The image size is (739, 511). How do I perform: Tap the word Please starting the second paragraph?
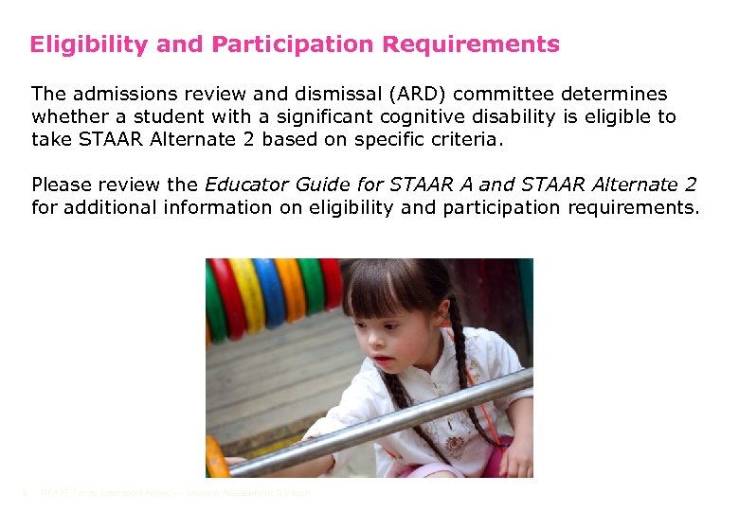[62, 185]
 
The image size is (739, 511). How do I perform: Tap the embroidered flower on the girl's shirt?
[454, 387]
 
